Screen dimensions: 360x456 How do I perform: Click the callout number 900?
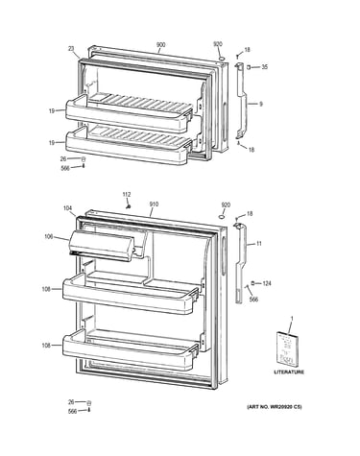click(160, 45)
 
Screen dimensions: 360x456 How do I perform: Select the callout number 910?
click(154, 204)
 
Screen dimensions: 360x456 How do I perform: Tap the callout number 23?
click(71, 49)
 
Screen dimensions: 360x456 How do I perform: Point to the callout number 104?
click(67, 208)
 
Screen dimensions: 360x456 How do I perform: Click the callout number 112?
click(127, 194)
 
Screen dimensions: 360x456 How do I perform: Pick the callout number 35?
click(264, 67)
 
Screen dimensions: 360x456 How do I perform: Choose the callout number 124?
click(267, 283)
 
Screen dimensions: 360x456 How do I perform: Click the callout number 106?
click(49, 236)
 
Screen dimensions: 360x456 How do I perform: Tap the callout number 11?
click(259, 244)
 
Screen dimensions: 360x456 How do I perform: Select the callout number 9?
click(261, 104)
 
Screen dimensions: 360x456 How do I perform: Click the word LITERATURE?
click(289, 372)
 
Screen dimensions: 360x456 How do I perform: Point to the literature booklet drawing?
click(286, 348)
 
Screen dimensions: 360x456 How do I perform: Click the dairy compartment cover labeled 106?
click(101, 245)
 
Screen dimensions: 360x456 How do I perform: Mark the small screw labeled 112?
click(129, 206)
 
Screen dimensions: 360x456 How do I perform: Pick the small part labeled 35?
click(249, 67)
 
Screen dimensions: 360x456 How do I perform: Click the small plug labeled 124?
click(252, 283)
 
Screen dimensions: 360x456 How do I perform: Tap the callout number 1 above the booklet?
click(291, 319)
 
